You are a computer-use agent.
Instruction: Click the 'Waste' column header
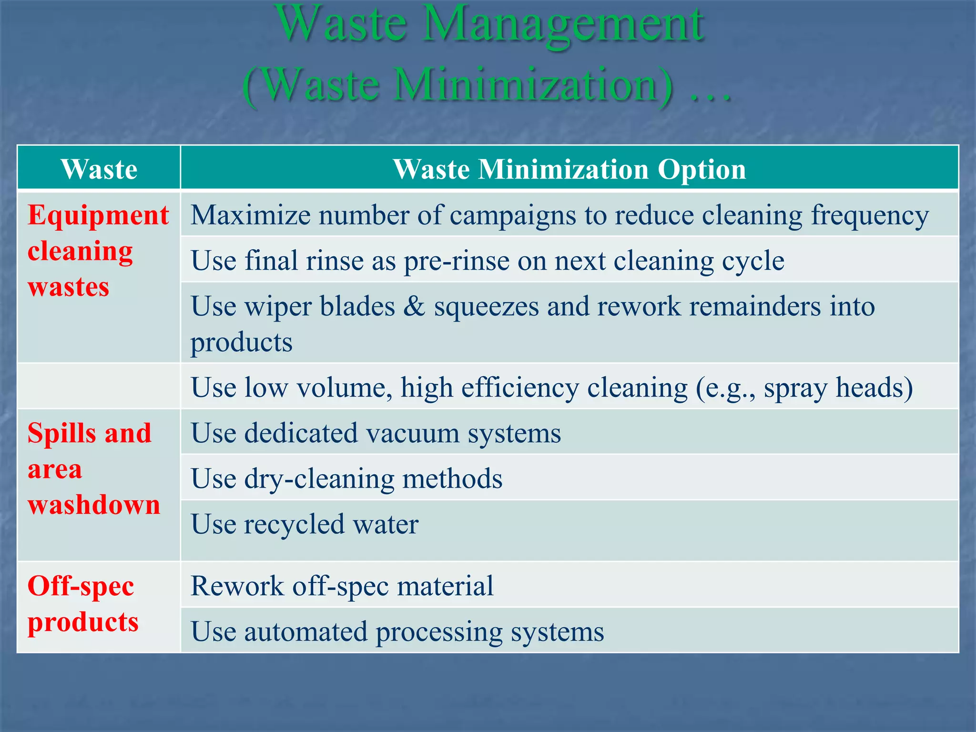point(99,169)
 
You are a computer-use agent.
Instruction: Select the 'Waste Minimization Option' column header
point(569,169)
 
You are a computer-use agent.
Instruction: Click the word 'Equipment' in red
point(98,215)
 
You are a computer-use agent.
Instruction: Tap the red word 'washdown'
point(94,505)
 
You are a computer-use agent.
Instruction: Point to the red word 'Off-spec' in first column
point(81,586)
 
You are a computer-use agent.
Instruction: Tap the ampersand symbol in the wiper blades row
point(414,306)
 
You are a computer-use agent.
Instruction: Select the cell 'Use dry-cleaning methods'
point(346,478)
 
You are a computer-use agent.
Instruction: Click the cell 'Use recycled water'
point(305,524)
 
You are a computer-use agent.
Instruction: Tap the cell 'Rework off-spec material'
point(342,586)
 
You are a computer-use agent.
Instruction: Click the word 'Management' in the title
point(562,24)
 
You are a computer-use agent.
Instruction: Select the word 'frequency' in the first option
point(870,216)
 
